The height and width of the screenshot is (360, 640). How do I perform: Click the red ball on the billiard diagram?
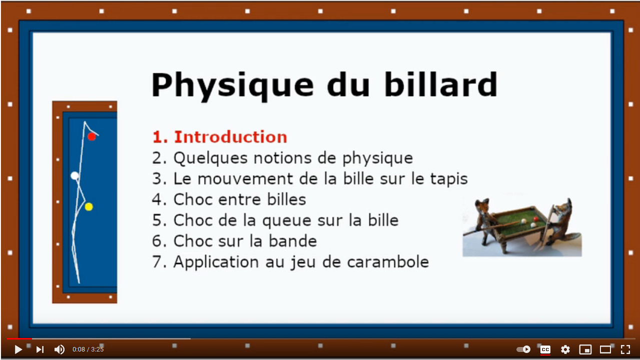(x=92, y=136)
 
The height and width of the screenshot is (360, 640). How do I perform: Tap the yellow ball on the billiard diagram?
(x=89, y=206)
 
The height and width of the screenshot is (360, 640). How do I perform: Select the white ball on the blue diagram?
(x=75, y=175)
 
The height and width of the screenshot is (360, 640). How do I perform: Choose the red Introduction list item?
(x=220, y=137)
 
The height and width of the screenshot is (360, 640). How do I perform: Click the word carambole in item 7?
(x=388, y=262)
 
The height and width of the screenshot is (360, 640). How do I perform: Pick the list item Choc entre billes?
(x=229, y=199)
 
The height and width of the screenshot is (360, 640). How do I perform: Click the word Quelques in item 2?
(x=211, y=158)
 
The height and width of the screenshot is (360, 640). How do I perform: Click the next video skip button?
(x=40, y=349)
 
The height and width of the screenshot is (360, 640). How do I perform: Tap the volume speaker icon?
(x=60, y=349)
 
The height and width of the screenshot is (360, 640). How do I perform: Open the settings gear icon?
(x=565, y=349)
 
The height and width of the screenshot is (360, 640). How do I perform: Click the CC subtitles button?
(x=545, y=349)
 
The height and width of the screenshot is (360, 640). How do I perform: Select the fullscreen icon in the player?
(x=625, y=349)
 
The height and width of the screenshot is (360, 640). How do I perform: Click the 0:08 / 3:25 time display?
(x=88, y=349)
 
